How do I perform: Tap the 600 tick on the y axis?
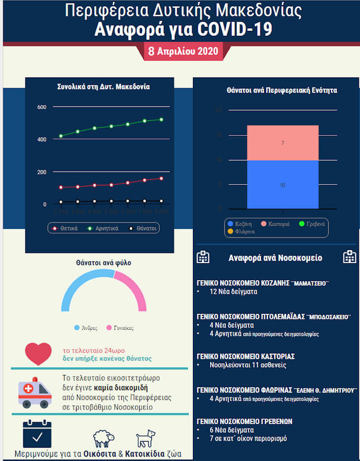coord(42,107)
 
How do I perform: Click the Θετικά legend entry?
coord(66,228)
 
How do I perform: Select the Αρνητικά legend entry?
coord(103,228)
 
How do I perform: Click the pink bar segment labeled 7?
coord(283,143)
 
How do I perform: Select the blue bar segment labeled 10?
coord(283,185)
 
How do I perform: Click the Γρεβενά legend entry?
coord(315,224)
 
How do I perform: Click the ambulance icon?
coord(35,392)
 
